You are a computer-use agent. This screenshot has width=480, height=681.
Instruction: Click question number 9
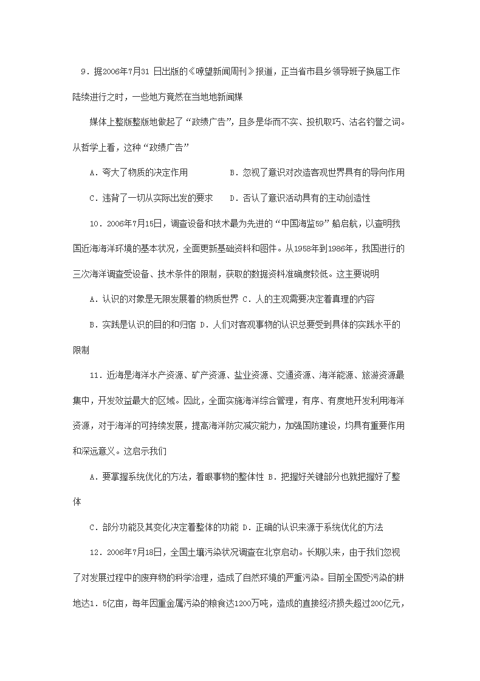coord(84,72)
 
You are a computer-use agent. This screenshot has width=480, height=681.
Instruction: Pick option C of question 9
coord(151,198)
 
